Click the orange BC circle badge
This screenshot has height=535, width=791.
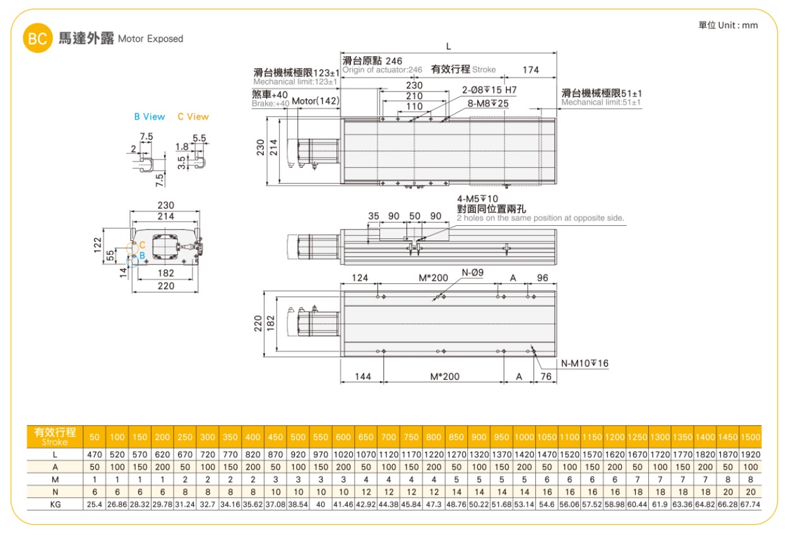(x=37, y=38)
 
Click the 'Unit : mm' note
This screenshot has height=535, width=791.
(x=738, y=25)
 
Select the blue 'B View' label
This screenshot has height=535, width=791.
(x=150, y=117)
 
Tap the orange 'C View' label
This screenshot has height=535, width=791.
(x=193, y=117)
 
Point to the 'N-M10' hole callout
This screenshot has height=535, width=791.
(x=585, y=363)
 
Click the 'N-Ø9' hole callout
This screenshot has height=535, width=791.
(x=472, y=273)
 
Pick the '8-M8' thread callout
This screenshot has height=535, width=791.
(x=488, y=103)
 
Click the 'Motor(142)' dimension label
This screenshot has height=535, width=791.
(x=316, y=101)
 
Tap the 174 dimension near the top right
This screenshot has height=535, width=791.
(x=530, y=70)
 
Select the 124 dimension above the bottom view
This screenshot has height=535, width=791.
(x=360, y=278)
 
